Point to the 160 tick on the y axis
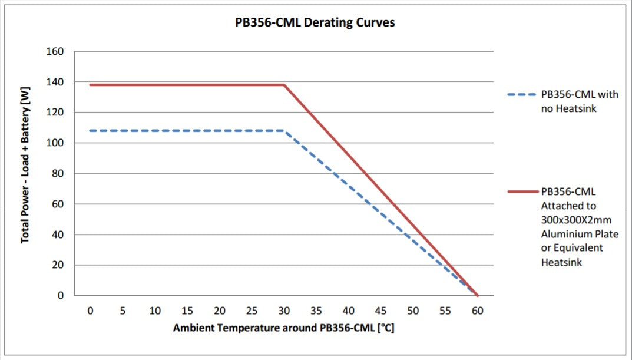coord(55,51)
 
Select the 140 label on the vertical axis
coord(55,82)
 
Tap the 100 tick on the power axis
coord(55,143)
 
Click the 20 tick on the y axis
coord(59,265)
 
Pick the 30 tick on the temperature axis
coord(284,311)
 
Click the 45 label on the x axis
coord(380,311)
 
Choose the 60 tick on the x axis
coord(477,311)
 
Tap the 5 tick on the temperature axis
coord(123,311)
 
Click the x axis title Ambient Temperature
coord(283,328)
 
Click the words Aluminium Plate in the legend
coord(580,234)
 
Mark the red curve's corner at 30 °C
coord(284,85)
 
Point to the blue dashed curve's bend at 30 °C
coord(284,131)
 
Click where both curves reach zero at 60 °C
coord(477,295)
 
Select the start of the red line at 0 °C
coord(91,85)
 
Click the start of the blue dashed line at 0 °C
coord(91,131)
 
